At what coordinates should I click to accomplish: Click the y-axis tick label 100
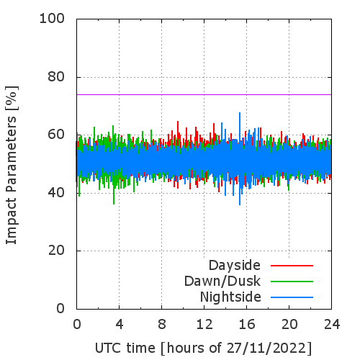click(52, 19)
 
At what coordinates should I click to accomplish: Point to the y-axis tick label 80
click(56, 77)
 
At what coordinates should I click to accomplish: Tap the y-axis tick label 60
click(56, 135)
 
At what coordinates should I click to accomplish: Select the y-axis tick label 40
click(56, 192)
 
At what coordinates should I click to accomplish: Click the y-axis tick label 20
click(56, 251)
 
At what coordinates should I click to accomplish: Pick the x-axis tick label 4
click(120, 324)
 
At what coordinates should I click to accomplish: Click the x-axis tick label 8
click(162, 324)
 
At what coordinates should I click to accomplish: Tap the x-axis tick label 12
click(204, 324)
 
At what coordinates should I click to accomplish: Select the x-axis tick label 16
click(247, 324)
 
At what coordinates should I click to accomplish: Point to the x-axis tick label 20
click(289, 324)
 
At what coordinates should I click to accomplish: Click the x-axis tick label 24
click(332, 324)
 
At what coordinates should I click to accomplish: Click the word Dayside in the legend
click(235, 266)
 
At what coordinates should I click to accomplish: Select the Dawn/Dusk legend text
click(222, 282)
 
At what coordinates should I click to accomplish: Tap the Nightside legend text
click(230, 297)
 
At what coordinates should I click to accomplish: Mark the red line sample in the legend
click(292, 266)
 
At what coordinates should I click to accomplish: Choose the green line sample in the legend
click(292, 282)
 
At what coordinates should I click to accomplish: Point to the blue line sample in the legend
click(292, 297)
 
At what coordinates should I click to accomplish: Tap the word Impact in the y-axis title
click(11, 221)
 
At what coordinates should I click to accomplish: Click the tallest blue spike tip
click(240, 112)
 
